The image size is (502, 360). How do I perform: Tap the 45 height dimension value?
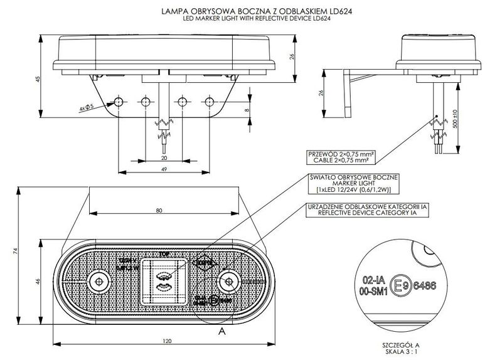pos(38,79)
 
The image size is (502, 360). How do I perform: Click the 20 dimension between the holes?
pos(164,159)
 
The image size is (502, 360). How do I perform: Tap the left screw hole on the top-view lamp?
pos(97,280)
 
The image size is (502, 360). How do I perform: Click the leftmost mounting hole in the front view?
pos(117,102)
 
